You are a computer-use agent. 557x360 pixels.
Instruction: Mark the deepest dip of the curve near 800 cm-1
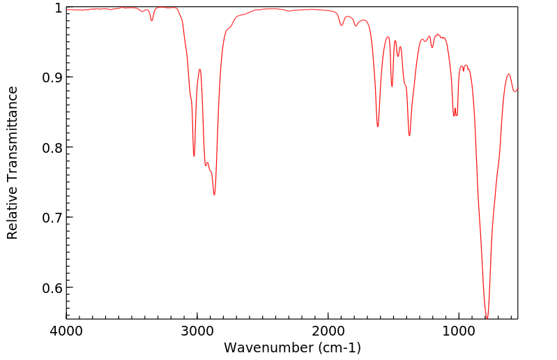tap(487, 317)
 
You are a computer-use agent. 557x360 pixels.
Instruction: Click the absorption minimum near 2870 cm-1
tap(214, 195)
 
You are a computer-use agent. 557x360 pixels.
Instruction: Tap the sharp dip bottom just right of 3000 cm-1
tap(194, 156)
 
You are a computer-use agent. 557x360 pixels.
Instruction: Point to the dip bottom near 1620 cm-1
tap(378, 126)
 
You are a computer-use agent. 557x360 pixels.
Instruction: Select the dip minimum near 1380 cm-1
tap(409, 135)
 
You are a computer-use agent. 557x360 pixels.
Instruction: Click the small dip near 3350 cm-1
tap(151, 20)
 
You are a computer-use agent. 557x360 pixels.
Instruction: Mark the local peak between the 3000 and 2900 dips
tap(200, 69)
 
